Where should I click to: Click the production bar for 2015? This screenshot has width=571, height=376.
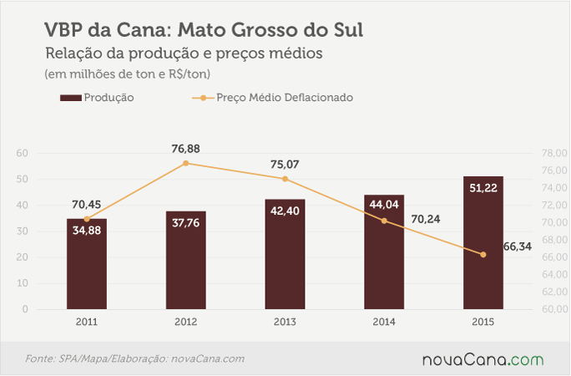[483, 242]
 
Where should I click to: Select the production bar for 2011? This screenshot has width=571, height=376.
[87, 264]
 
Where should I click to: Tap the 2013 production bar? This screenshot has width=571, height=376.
[285, 254]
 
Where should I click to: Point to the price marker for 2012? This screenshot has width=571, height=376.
[185, 163]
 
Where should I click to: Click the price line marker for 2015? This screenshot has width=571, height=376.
[483, 255]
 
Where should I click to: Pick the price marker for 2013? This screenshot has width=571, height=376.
[285, 179]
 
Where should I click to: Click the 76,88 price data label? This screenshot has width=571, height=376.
[185, 149]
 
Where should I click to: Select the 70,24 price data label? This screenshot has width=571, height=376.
[426, 219]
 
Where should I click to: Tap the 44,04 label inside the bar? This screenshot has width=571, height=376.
[384, 205]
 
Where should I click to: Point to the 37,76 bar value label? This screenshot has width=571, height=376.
[185, 222]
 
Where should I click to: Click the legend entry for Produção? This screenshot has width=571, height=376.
[97, 98]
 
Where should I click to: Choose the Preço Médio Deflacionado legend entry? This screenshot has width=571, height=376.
[272, 98]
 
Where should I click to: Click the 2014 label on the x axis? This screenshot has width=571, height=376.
[384, 322]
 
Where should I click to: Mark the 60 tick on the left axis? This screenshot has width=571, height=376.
[23, 153]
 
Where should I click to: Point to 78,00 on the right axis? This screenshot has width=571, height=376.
[554, 153]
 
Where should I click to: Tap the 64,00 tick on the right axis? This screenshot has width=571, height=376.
[554, 274]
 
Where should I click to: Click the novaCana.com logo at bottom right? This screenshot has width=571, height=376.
[483, 359]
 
